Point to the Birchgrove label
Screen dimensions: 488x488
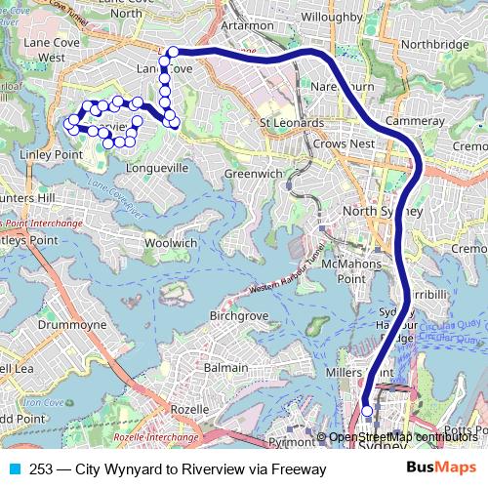click(237, 316)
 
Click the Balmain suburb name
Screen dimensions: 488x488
click(226, 368)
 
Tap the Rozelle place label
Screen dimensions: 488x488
click(189, 410)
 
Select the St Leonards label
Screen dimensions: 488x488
click(291, 123)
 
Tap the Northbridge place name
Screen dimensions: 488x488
click(434, 44)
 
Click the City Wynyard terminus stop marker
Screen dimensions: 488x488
click(367, 412)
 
